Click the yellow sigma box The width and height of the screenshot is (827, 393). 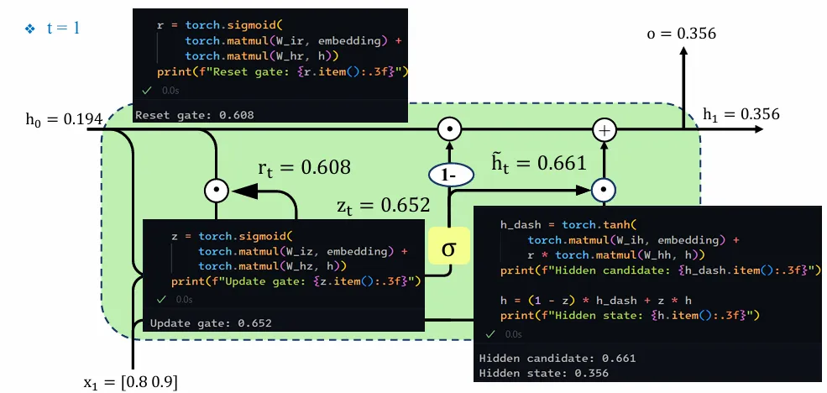click(x=449, y=249)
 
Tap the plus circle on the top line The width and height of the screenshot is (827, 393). click(x=604, y=129)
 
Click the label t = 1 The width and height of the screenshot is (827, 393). click(x=63, y=28)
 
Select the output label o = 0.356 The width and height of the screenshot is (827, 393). click(x=681, y=34)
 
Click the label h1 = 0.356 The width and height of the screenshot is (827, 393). click(x=741, y=114)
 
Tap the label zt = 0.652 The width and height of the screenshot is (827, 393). click(x=383, y=204)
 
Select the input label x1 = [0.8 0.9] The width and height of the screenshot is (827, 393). click(x=130, y=382)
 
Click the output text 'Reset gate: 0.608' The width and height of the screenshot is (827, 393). click(x=194, y=115)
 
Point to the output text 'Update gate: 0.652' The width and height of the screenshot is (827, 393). click(x=211, y=322)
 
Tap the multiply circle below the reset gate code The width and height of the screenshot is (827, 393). click(x=217, y=191)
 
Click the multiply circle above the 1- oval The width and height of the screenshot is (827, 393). click(x=450, y=129)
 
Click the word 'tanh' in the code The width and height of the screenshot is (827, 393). click(x=620, y=226)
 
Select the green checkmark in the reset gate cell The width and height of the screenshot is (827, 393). click(x=146, y=90)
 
